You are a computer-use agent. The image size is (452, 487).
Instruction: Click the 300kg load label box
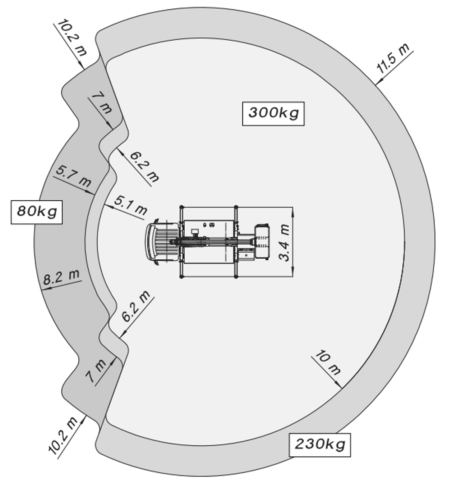[273, 114]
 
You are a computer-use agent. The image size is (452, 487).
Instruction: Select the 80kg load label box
[37, 212]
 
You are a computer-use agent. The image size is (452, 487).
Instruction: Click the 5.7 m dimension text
[74, 176]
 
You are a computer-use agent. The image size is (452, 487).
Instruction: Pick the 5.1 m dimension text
[130, 205]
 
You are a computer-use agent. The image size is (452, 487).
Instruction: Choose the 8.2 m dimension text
[61, 277]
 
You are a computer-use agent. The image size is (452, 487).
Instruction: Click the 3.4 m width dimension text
[284, 242]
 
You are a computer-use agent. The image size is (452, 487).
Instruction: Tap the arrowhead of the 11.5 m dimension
[379, 81]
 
